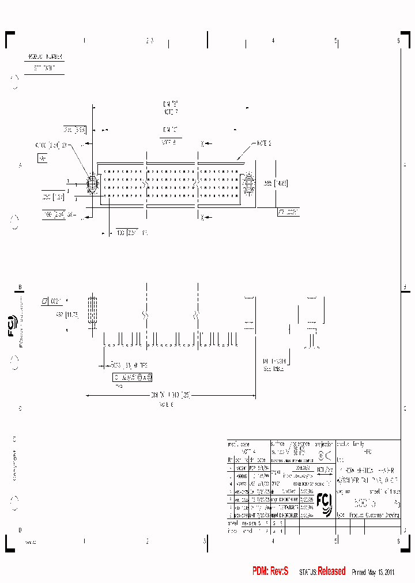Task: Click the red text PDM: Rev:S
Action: [270, 571]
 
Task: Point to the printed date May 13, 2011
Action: [381, 572]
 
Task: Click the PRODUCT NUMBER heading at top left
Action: [45, 58]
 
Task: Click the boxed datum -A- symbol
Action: [41, 157]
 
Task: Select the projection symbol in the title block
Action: [325, 458]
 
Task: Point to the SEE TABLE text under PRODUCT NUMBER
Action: [45, 68]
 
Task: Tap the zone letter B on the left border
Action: [20, 287]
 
